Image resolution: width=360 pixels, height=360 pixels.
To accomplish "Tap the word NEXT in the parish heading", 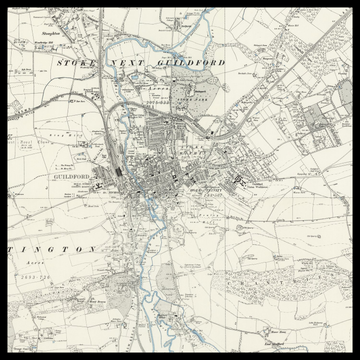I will [x=126, y=61].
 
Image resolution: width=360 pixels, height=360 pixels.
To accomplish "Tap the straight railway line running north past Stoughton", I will [x=101, y=40].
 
